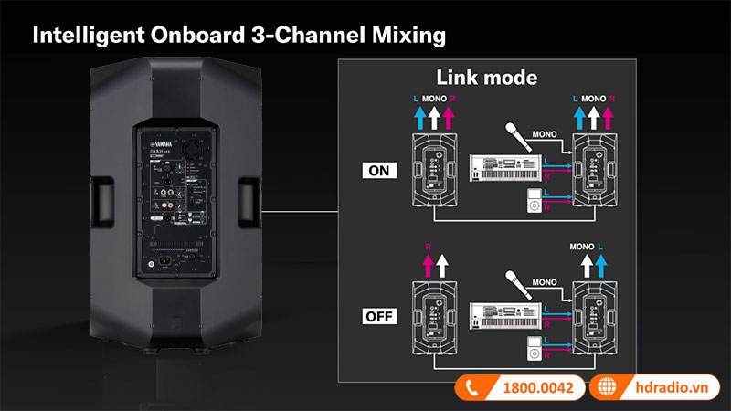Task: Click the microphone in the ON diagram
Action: click(x=516, y=136)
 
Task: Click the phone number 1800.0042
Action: click(x=538, y=387)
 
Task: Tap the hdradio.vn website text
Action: click(x=673, y=387)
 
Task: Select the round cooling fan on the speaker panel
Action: click(x=195, y=148)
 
